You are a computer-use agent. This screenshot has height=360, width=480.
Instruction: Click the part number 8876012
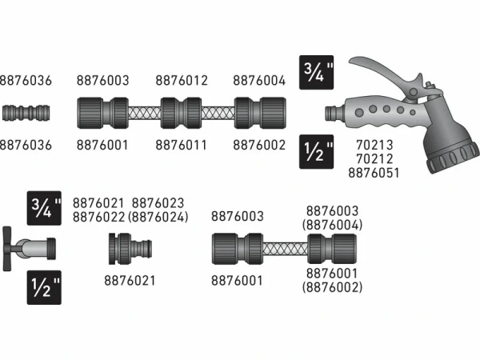(182, 80)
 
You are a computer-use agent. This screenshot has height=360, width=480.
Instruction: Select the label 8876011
(182, 146)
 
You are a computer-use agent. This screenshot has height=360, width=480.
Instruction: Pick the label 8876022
(99, 216)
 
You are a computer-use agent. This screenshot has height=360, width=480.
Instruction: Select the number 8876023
(158, 203)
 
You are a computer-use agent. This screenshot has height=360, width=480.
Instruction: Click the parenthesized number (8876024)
(158, 216)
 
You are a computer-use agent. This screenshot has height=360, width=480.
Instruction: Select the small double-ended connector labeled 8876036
(24, 113)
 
